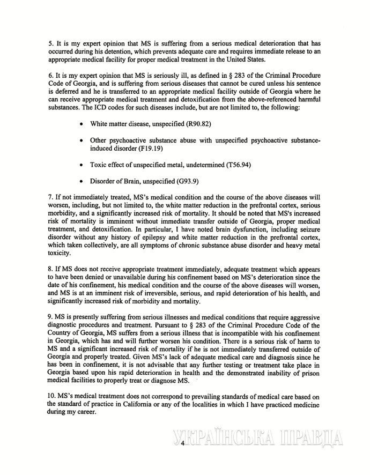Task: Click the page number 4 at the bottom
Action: tap(182, 443)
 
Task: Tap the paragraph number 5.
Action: tap(50, 42)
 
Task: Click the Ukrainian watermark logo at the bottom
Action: tap(257, 441)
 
